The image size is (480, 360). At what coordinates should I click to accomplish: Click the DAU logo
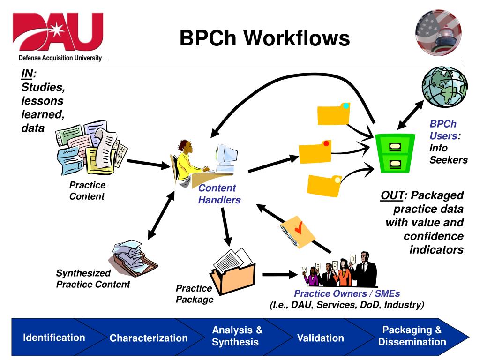click(x=57, y=35)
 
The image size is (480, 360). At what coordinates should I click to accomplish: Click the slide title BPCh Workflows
click(x=265, y=38)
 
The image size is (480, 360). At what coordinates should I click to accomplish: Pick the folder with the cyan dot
click(x=333, y=114)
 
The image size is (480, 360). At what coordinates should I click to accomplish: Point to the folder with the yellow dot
click(x=324, y=184)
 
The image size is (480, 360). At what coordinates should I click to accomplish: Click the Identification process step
click(x=54, y=337)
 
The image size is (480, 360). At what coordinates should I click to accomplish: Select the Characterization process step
click(x=149, y=338)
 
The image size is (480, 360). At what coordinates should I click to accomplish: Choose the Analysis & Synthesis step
click(x=237, y=336)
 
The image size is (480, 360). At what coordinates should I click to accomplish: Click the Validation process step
click(x=321, y=338)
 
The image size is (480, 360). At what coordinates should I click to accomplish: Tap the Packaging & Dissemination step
click(x=412, y=336)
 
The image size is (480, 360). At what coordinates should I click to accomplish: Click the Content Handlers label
click(x=219, y=194)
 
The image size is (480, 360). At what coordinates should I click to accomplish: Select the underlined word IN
click(x=27, y=74)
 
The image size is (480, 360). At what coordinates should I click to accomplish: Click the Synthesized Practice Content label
click(x=93, y=278)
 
